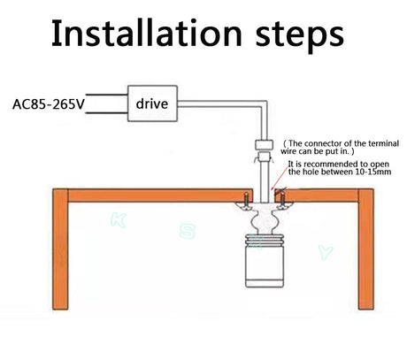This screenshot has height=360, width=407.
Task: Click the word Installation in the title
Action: (147, 33)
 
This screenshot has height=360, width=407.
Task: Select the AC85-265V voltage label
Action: (49, 104)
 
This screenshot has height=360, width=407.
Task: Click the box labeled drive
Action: (152, 103)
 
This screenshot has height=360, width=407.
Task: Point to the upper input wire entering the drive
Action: (106, 95)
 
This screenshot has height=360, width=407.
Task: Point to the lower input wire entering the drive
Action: (106, 112)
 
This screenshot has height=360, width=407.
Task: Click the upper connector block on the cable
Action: (264, 144)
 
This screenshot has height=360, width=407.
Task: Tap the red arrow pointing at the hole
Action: (280, 178)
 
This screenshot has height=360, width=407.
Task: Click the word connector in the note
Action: (320, 143)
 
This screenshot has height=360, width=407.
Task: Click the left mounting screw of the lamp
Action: (246, 201)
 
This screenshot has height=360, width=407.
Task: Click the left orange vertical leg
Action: (60, 249)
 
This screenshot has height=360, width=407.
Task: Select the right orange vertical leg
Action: (366, 249)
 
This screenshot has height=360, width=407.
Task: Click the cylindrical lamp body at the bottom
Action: (265, 264)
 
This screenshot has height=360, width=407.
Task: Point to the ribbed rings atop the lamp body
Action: (265, 239)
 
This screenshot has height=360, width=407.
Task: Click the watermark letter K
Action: (119, 220)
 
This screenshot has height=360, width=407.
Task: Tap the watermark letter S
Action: (188, 231)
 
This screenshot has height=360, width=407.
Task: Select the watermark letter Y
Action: (326, 252)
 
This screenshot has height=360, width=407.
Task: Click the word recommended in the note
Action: (336, 164)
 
